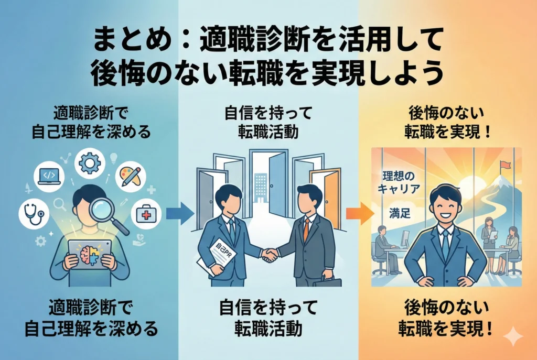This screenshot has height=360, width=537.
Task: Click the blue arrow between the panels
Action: (178, 214)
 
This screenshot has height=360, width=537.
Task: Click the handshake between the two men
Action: (270, 255)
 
